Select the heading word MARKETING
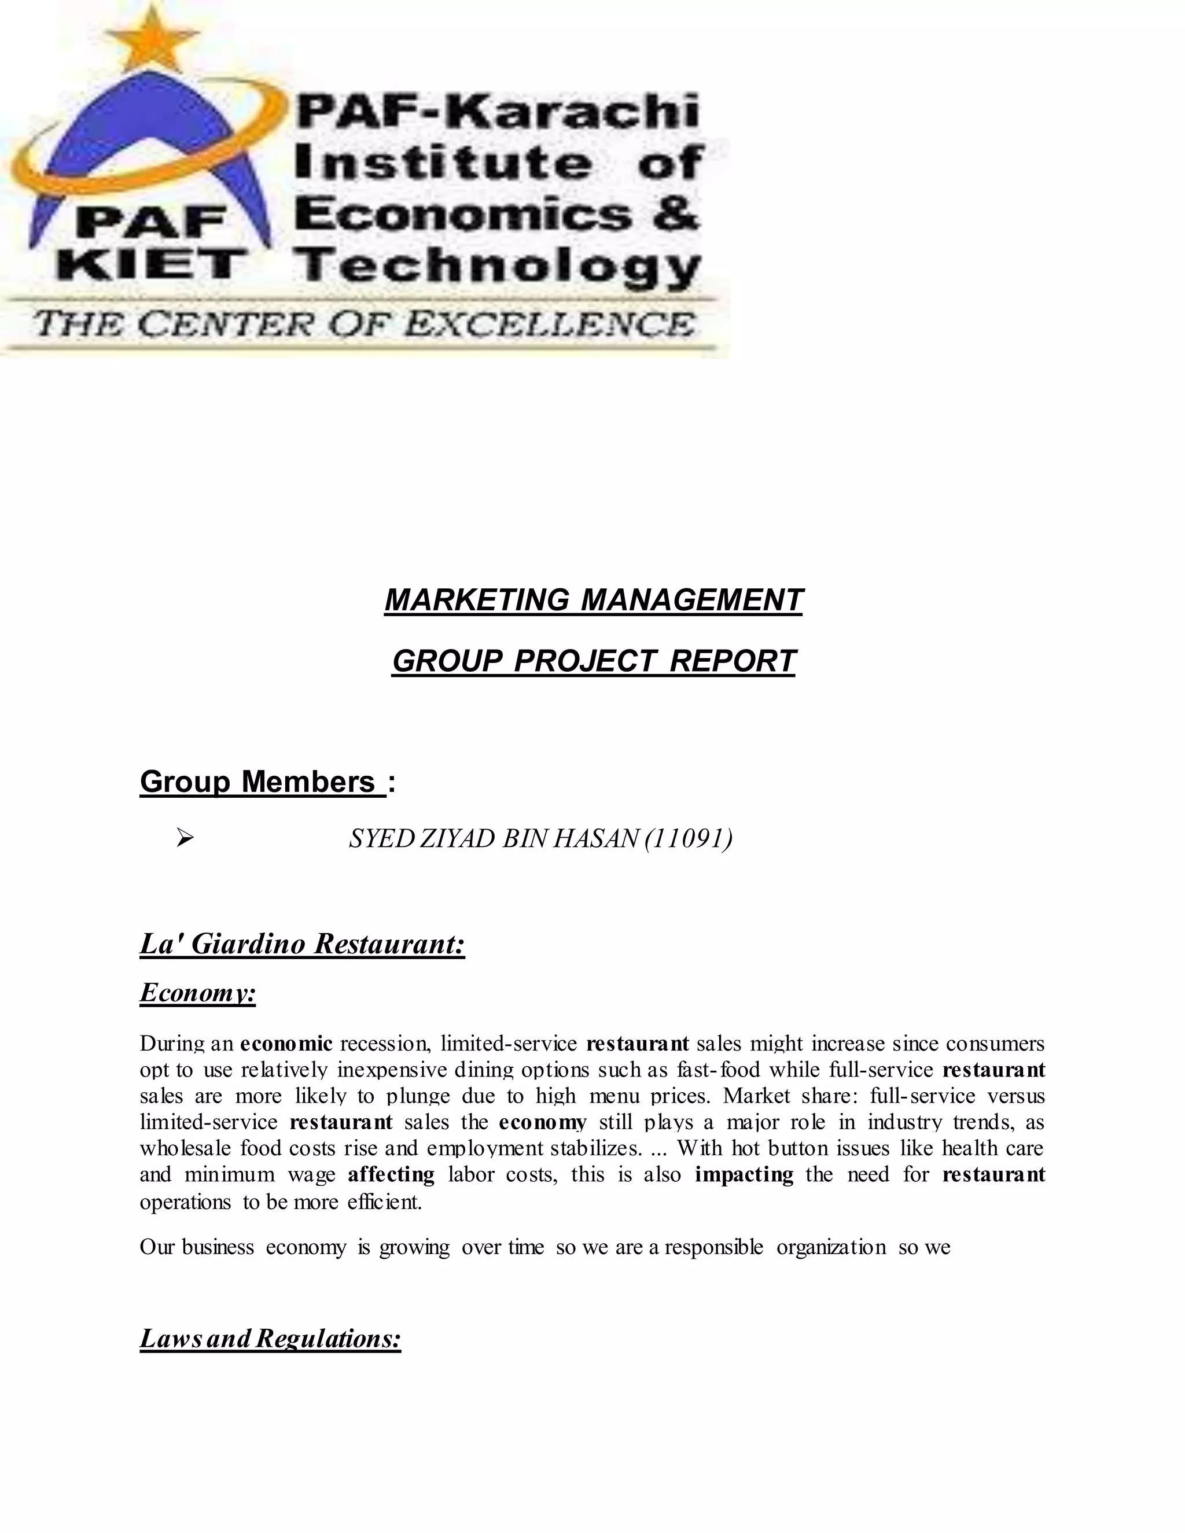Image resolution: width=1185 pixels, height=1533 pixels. (477, 600)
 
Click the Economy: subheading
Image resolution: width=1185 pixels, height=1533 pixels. (197, 993)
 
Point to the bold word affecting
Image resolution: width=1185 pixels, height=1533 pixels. (391, 1174)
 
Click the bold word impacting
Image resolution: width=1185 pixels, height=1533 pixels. (744, 1174)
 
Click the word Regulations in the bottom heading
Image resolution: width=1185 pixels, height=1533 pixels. (329, 1339)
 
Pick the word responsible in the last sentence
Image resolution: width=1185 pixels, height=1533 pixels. (713, 1247)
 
